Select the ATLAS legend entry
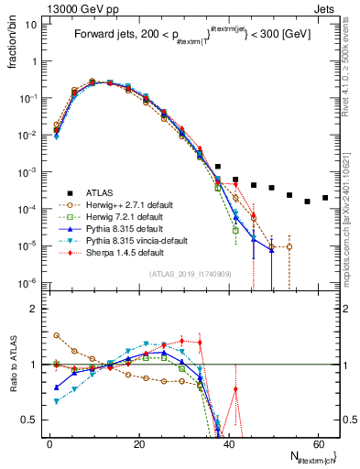coord(102,193)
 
